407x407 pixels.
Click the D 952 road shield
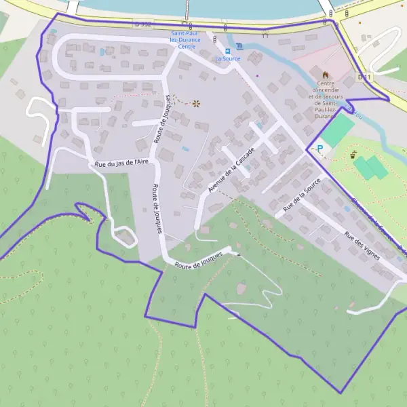click(x=142, y=24)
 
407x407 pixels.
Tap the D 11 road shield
click(x=364, y=77)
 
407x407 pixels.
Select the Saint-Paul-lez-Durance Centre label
click(x=186, y=40)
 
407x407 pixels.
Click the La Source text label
click(x=228, y=58)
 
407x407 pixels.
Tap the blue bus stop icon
click(x=228, y=50)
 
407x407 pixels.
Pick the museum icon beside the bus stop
click(x=239, y=50)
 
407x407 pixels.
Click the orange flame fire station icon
click(x=325, y=73)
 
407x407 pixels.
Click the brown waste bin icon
click(x=354, y=155)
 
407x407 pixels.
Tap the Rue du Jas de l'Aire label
click(x=121, y=163)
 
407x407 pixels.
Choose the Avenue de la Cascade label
click(x=231, y=170)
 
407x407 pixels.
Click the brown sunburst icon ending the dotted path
click(x=197, y=103)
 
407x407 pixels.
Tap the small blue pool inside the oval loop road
click(x=102, y=51)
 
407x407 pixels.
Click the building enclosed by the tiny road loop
click(x=125, y=237)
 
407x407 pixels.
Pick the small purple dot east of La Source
click(x=258, y=75)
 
